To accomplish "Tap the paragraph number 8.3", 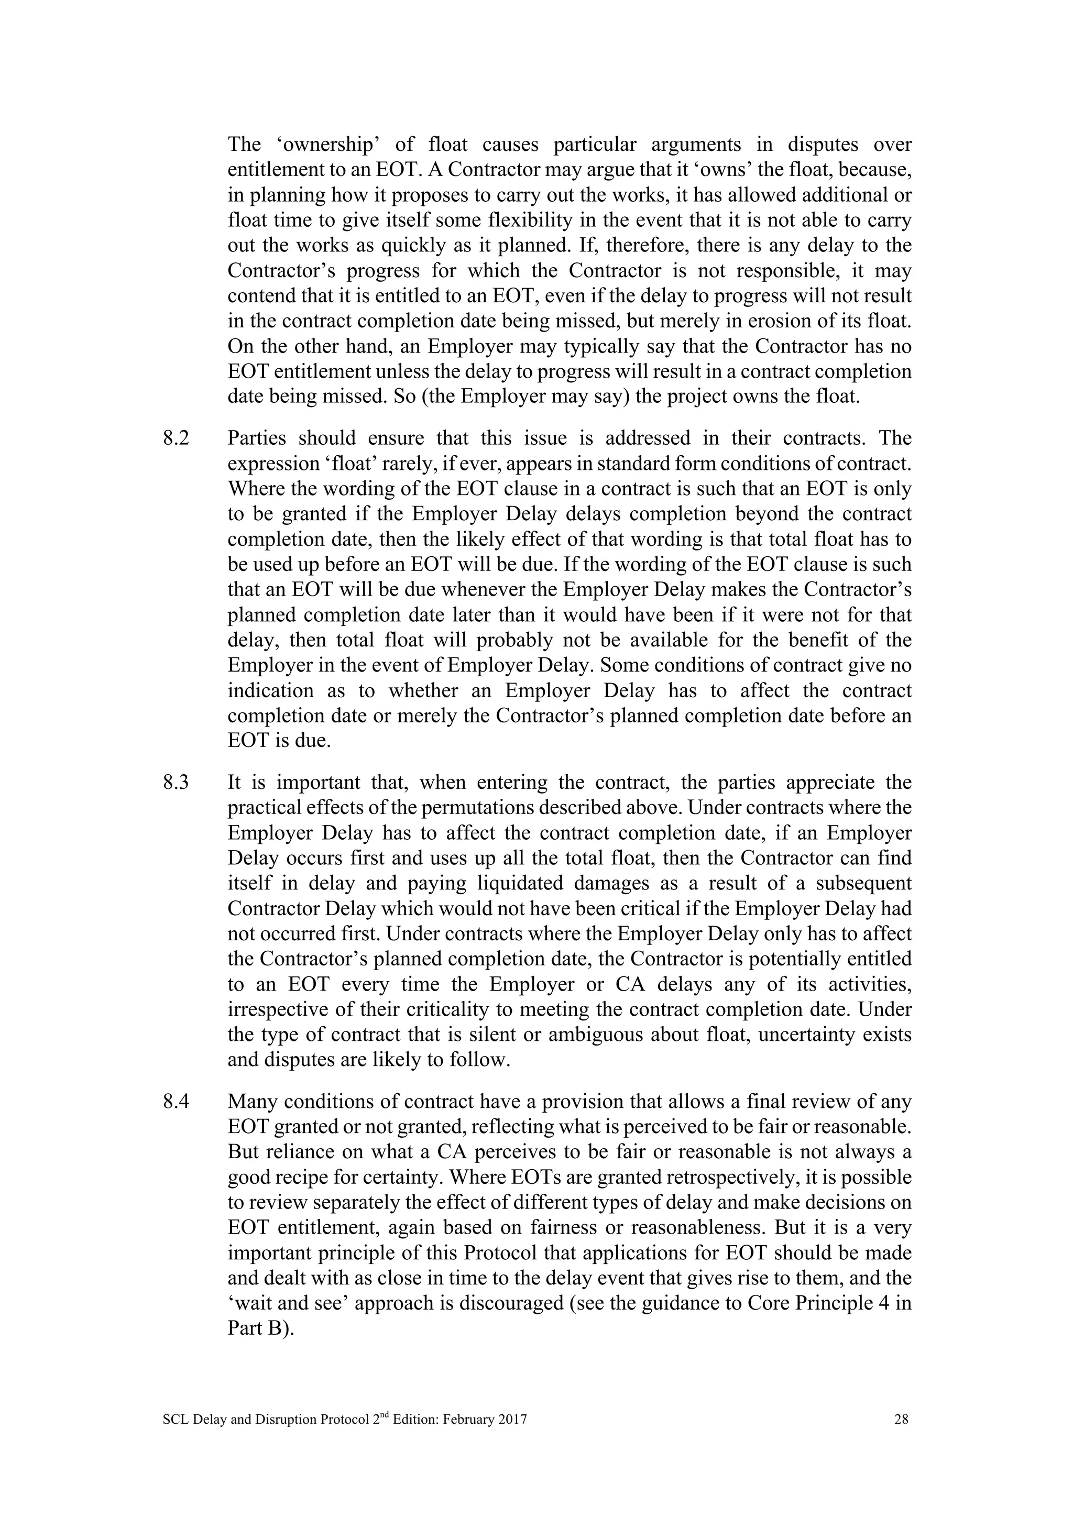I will (x=176, y=783).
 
